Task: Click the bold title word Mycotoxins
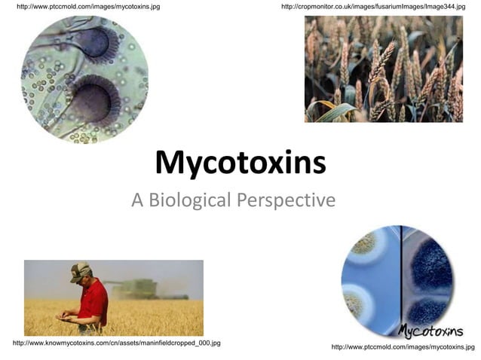pos(240,163)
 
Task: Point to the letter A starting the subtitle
pos(137,200)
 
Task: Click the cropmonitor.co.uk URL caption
pos(373,7)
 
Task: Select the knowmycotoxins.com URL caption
pos(117,343)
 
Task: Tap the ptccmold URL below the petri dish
pos(403,347)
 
